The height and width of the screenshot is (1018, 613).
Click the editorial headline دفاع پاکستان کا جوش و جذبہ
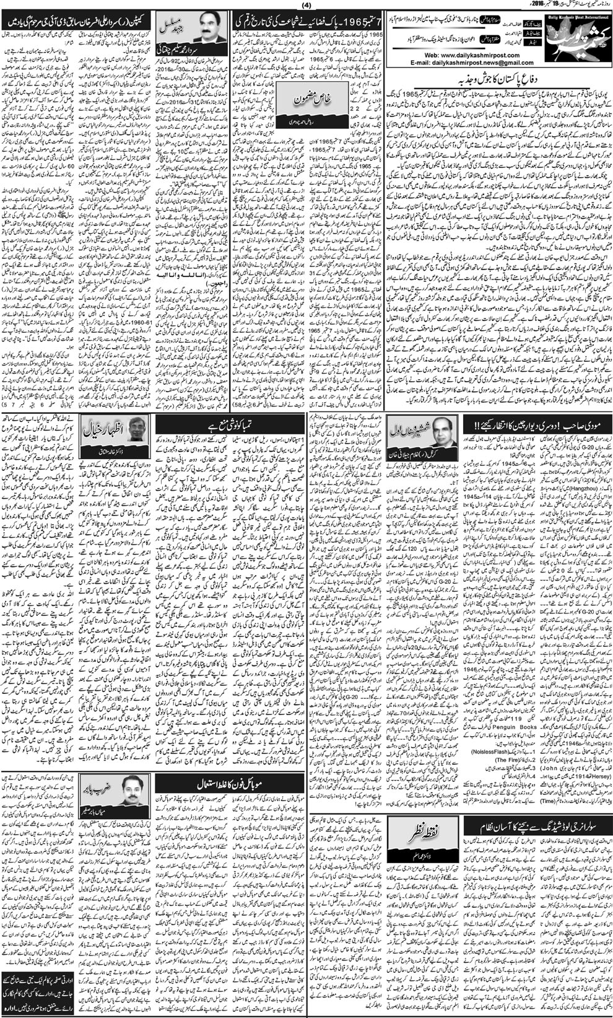click(495, 79)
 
